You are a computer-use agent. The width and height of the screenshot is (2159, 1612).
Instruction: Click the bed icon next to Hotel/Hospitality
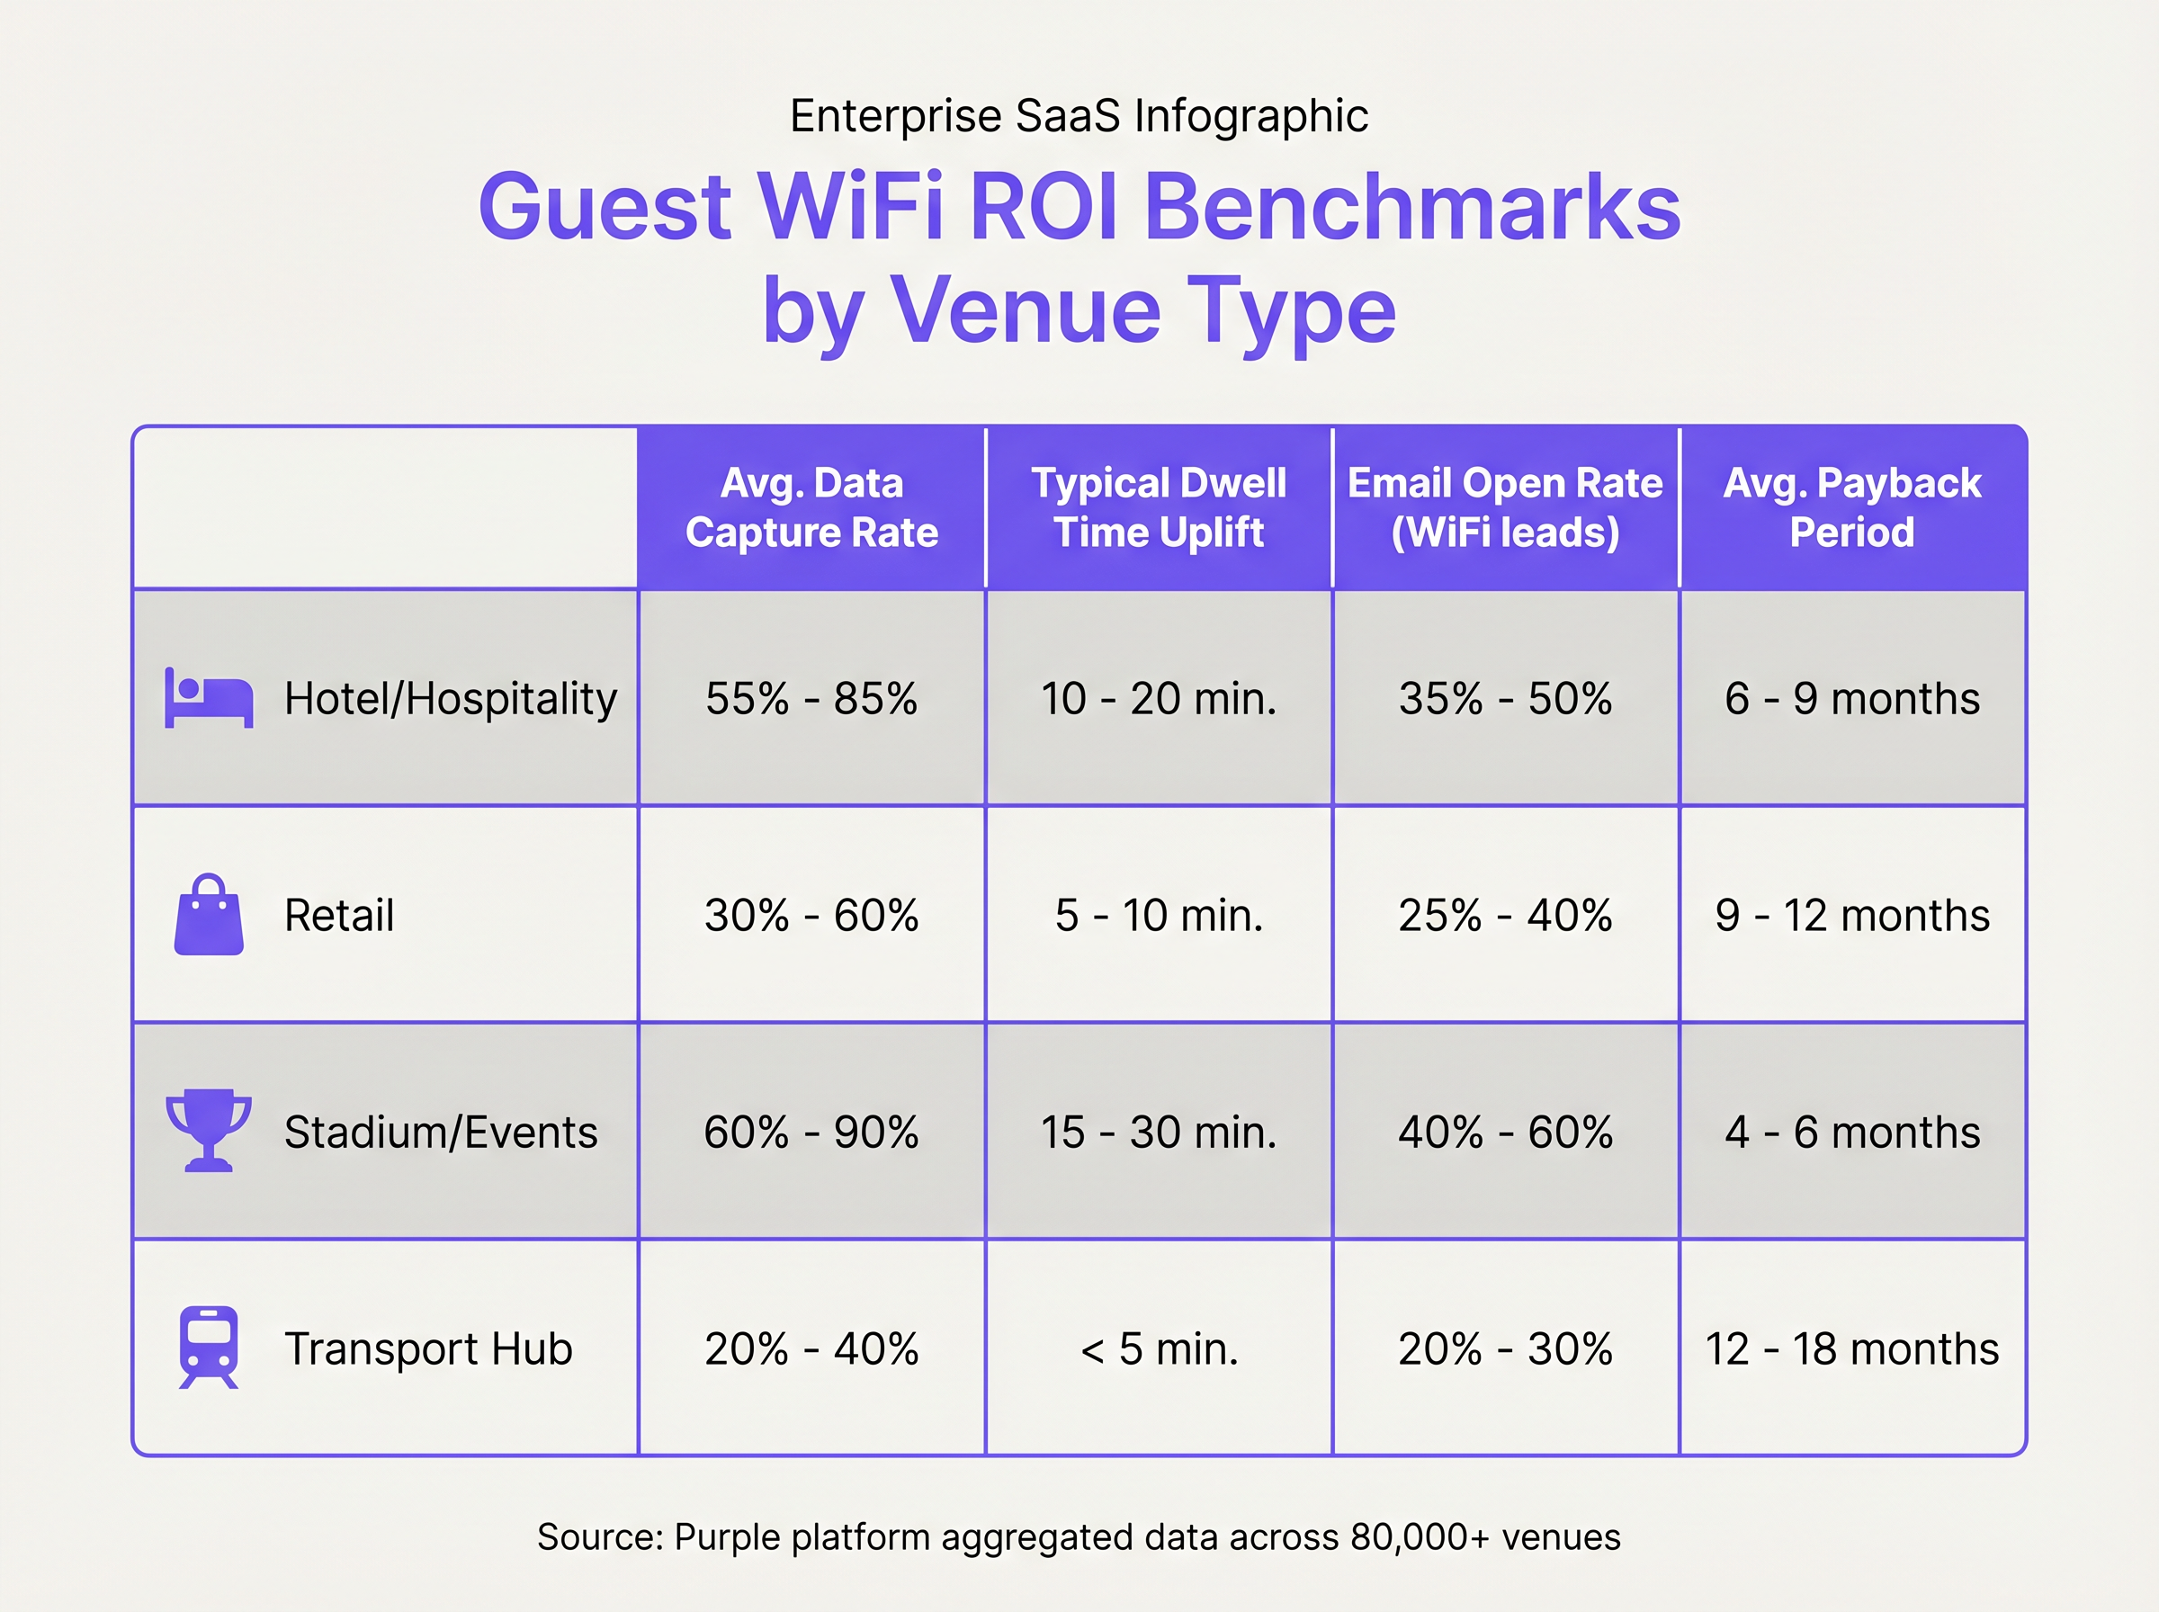pyautogui.click(x=209, y=699)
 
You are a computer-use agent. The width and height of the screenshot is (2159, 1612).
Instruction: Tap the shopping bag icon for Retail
pyautogui.click(x=208, y=915)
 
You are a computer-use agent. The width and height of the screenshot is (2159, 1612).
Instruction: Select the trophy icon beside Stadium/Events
pyautogui.click(x=208, y=1130)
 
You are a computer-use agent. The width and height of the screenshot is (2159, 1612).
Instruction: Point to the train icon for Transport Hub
pyautogui.click(x=208, y=1347)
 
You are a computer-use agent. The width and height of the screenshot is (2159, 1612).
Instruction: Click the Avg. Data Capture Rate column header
pyautogui.click(x=811, y=507)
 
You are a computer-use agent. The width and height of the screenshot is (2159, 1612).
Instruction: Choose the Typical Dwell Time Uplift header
pyautogui.click(x=1158, y=507)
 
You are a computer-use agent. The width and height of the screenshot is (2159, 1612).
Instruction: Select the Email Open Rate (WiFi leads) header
pyautogui.click(x=1504, y=507)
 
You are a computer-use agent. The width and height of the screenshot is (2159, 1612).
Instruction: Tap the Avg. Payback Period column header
pyautogui.click(x=1850, y=507)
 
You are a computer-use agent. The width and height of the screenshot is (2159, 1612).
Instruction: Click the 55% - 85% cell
pyautogui.click(x=811, y=699)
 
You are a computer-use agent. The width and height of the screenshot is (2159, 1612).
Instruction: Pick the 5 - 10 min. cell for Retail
pyautogui.click(x=1158, y=915)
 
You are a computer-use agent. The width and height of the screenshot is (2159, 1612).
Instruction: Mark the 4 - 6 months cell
pyautogui.click(x=1851, y=1132)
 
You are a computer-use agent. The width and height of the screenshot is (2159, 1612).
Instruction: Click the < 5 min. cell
pyautogui.click(x=1158, y=1348)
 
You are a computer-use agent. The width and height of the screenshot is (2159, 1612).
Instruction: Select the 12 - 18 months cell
pyautogui.click(x=1850, y=1348)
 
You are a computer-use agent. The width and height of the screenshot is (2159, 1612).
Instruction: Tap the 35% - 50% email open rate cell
pyautogui.click(x=1504, y=699)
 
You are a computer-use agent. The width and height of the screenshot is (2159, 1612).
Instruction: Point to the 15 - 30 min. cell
pyautogui.click(x=1158, y=1132)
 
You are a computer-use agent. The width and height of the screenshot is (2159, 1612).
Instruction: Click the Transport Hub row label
pyautogui.click(x=427, y=1348)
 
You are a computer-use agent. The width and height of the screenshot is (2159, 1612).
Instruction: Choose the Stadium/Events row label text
pyautogui.click(x=440, y=1132)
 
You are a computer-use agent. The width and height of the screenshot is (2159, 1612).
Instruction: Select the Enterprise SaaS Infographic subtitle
pyautogui.click(x=1078, y=116)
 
